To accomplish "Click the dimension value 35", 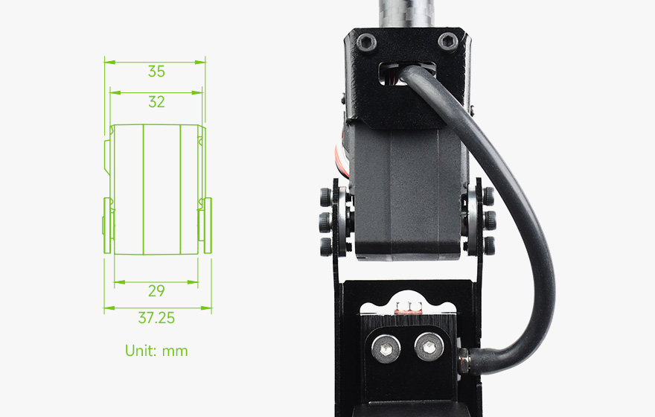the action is tap(156, 71).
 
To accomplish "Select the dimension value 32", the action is tap(156, 102).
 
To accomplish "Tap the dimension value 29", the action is tap(156, 291).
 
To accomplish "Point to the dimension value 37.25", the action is tap(156, 318).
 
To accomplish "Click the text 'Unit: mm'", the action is tap(156, 351).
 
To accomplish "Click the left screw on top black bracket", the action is tap(366, 42).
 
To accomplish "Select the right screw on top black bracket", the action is tap(448, 42).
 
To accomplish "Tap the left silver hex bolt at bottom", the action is tap(386, 348).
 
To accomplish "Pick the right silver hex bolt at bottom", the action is tap(429, 346).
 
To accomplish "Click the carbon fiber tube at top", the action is tap(406, 14).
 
